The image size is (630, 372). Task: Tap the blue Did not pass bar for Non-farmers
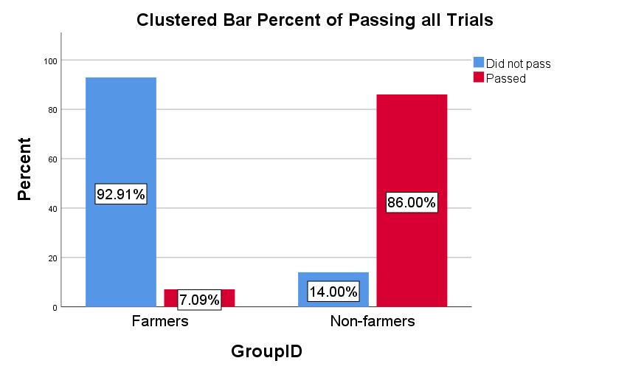333,280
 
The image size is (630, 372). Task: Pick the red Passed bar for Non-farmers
412,148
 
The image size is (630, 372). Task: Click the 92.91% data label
121,194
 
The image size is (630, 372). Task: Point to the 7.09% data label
199,300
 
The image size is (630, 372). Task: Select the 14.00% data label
333,292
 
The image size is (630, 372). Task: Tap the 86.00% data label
412,202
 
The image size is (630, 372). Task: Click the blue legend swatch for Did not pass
478,63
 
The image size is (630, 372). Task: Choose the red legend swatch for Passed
478,77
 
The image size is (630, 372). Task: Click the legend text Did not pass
518,63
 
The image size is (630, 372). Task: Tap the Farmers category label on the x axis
160,321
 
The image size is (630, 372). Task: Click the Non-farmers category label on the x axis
372,321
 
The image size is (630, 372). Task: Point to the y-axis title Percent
25,169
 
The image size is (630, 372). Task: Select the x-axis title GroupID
266,351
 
